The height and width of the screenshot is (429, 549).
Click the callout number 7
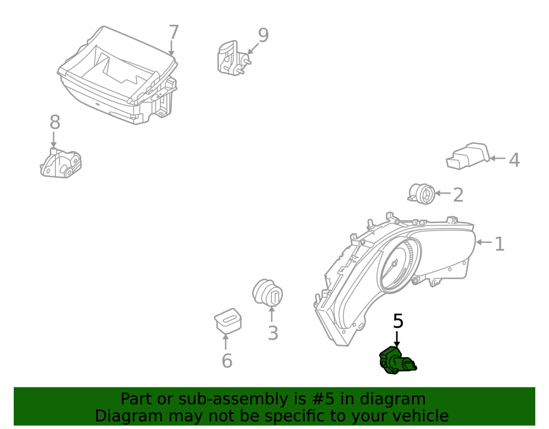point(173,32)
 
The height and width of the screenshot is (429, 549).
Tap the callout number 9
point(264,35)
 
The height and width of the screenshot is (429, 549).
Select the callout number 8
point(55,122)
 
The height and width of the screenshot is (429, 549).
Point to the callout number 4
point(514,160)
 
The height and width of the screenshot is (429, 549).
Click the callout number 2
point(458,194)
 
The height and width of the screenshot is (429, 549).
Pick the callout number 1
point(500,244)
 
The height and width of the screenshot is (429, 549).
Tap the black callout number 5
point(398,321)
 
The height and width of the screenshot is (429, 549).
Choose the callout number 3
point(273,333)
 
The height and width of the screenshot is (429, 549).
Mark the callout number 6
point(227,361)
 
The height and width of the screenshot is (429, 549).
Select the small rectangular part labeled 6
point(228,321)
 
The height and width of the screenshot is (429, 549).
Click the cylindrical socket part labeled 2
point(422,194)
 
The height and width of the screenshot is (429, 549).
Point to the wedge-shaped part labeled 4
point(468,156)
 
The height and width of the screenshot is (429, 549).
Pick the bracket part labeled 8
point(61,163)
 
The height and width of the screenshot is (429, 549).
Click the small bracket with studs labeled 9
point(232,58)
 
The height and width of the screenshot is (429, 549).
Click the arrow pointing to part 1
point(484,242)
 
